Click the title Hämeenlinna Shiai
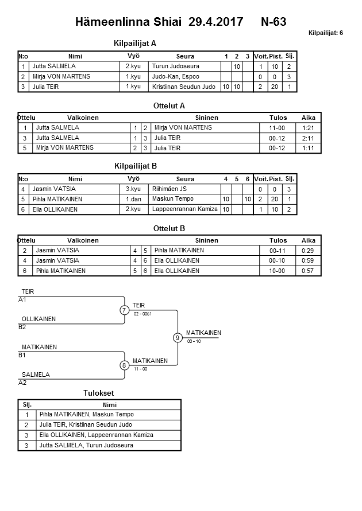pos(128,22)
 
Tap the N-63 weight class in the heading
pos(274,22)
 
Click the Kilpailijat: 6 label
pos(325,33)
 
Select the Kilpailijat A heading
pos(136,43)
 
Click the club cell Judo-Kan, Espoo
pos(175,77)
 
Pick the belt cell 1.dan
pos(134,200)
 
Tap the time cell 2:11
pos(308,138)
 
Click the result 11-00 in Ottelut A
pos(278,128)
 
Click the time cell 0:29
pos(308,251)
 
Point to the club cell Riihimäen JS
pos(170,189)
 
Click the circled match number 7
pos(125,310)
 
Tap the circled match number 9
pos(178,338)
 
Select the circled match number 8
pos(125,365)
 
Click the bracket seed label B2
pos(22,327)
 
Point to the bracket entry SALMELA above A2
pos(36,375)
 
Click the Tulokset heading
pos(99,393)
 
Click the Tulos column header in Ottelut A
pos(278,118)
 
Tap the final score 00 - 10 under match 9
pos(194,341)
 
